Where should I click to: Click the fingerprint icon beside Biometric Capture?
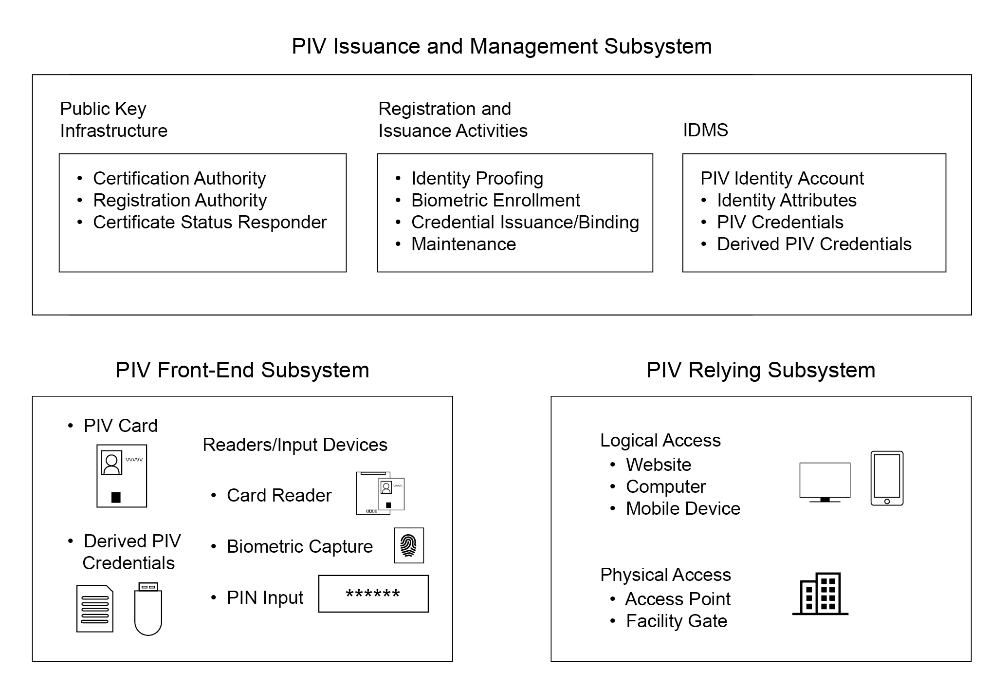coord(409,545)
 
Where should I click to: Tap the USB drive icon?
coord(148,609)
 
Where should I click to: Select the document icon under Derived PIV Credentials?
coord(95,609)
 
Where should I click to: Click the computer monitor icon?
coord(825,482)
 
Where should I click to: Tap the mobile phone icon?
coord(887,478)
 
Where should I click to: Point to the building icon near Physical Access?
coord(821,594)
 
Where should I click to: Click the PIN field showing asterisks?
coord(373,594)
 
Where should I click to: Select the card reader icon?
coord(380,493)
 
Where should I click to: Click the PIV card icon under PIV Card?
coord(122,476)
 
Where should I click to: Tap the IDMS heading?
coord(705,130)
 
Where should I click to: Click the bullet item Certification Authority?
coord(180,178)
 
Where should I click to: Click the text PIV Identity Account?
coord(782,178)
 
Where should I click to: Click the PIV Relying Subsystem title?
coord(761,370)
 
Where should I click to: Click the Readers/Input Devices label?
coord(295,445)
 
